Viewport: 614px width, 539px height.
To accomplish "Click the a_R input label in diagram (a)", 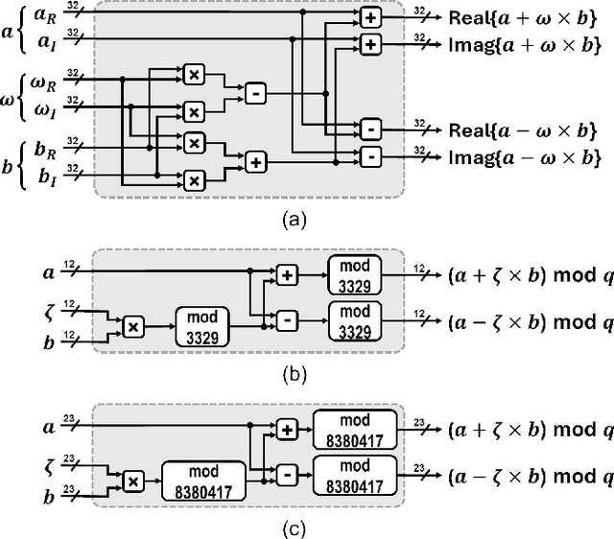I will [x=44, y=15].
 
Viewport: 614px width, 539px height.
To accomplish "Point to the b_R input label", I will [x=44, y=152].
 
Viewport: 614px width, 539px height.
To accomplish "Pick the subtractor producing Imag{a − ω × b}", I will [x=370, y=157].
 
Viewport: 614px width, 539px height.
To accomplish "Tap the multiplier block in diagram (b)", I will [x=134, y=326].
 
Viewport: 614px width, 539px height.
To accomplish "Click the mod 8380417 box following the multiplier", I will [x=202, y=480].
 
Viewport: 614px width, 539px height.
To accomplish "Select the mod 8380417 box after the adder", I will [x=355, y=429].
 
